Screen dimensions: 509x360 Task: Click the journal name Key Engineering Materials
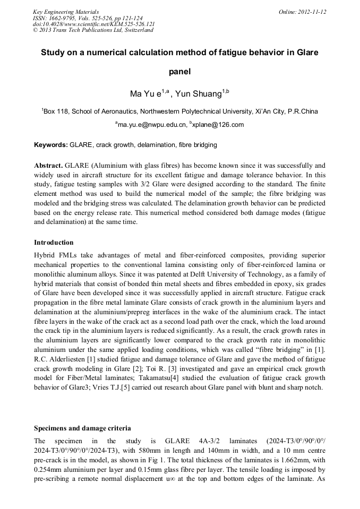pos(66,12)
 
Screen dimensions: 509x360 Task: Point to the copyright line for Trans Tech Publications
pos(93,30)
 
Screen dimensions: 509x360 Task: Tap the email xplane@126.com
pos(219,125)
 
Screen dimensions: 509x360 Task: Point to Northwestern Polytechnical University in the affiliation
pos(187,111)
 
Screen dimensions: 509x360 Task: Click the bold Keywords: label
pos(51,145)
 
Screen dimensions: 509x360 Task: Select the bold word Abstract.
pos(48,166)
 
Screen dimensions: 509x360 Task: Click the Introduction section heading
pos(54,243)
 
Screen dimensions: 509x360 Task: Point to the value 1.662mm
pos(281,460)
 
